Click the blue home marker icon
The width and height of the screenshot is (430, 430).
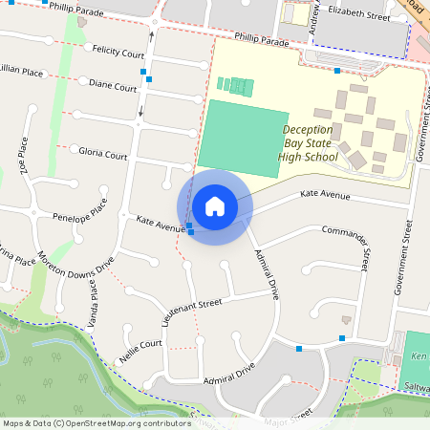coord(215,206)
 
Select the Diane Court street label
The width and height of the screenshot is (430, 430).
coord(113,85)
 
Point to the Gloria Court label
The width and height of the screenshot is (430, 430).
coord(103,153)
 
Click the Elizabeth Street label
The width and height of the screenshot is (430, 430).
coord(358,16)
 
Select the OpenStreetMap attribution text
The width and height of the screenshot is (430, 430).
coord(97,422)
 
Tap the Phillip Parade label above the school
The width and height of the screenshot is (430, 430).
coord(262,43)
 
